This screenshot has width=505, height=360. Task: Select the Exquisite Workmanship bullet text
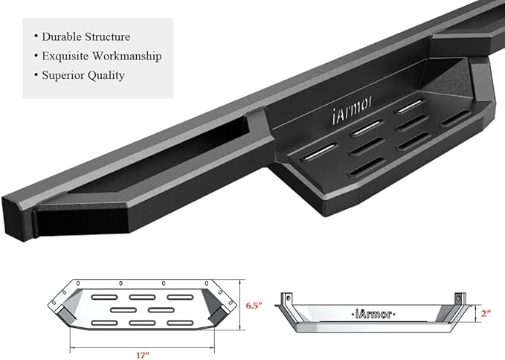pyautogui.click(x=101, y=56)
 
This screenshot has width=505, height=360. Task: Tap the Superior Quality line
pyautogui.click(x=83, y=75)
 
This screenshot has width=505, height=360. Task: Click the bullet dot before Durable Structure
pyautogui.click(x=35, y=36)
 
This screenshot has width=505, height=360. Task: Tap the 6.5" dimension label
pyautogui.click(x=254, y=306)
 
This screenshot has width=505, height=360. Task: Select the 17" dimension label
pyautogui.click(x=144, y=353)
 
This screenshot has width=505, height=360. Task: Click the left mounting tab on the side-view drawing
pyautogui.click(x=285, y=302)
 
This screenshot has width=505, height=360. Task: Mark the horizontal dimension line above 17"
pyautogui.click(x=144, y=344)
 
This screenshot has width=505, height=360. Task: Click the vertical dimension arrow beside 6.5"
pyautogui.click(x=239, y=306)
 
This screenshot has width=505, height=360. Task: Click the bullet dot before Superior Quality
pyautogui.click(x=35, y=75)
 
